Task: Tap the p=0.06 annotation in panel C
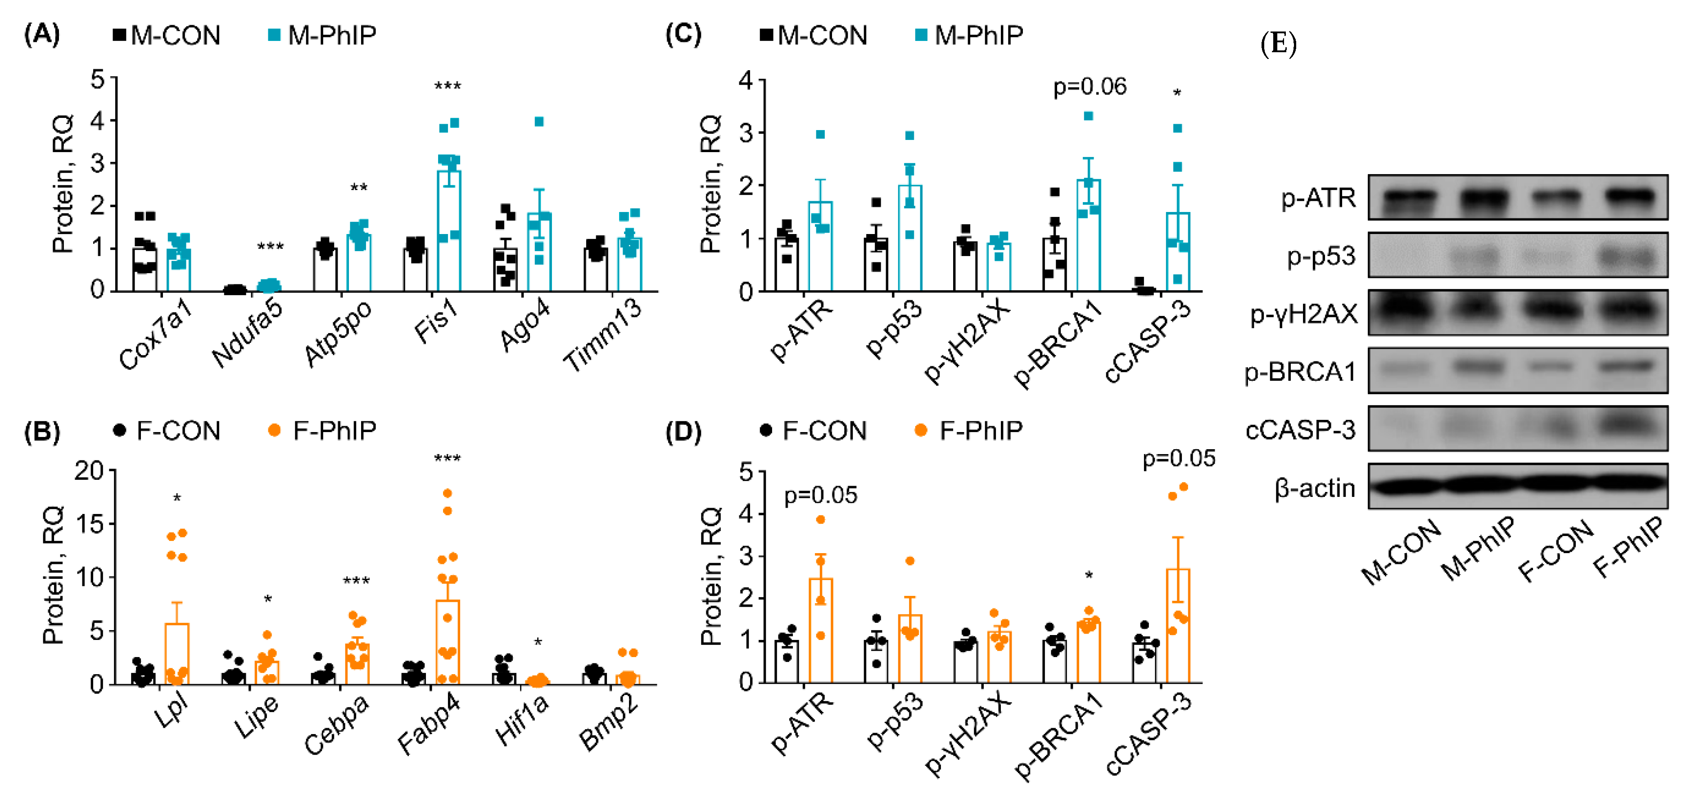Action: pos(1090,87)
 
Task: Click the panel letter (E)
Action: pos(1278,44)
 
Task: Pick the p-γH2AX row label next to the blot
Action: pos(1303,314)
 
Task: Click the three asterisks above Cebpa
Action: pos(356,580)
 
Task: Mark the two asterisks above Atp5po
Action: pos(359,188)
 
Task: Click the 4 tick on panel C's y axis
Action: pos(746,80)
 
